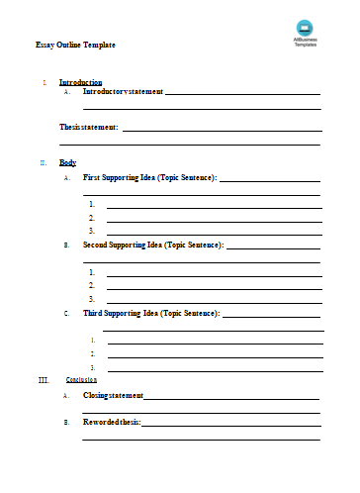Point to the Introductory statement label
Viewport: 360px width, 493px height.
coord(123,91)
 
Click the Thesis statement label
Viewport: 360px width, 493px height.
coord(89,127)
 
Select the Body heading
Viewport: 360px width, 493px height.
coord(67,161)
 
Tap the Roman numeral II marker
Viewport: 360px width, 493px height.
coord(43,161)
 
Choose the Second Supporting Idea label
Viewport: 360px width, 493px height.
coord(153,244)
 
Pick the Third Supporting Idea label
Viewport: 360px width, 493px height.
coord(151,313)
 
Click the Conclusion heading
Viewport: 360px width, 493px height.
coord(81,379)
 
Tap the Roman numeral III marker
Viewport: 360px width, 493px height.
coord(43,379)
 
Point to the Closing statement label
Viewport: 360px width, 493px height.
coord(114,395)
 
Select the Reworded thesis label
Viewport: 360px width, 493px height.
coord(112,422)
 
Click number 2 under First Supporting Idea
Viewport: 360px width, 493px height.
coord(92,217)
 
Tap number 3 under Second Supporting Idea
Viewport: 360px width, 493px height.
coord(92,298)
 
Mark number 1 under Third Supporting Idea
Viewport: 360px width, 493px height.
coord(93,340)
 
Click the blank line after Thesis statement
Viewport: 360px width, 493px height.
coord(222,129)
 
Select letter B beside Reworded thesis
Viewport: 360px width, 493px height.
coord(65,423)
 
